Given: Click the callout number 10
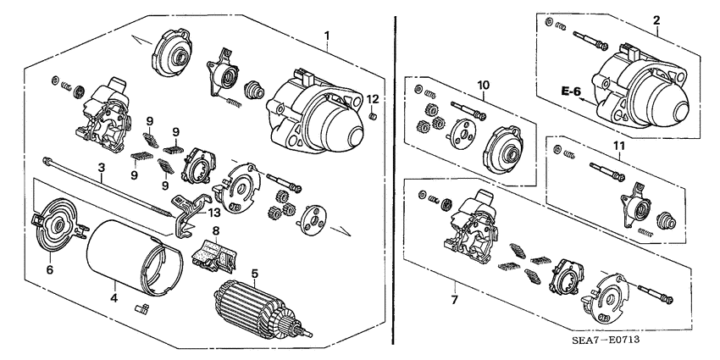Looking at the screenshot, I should [x=483, y=85].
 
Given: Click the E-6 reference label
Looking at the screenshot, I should [x=572, y=90].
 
